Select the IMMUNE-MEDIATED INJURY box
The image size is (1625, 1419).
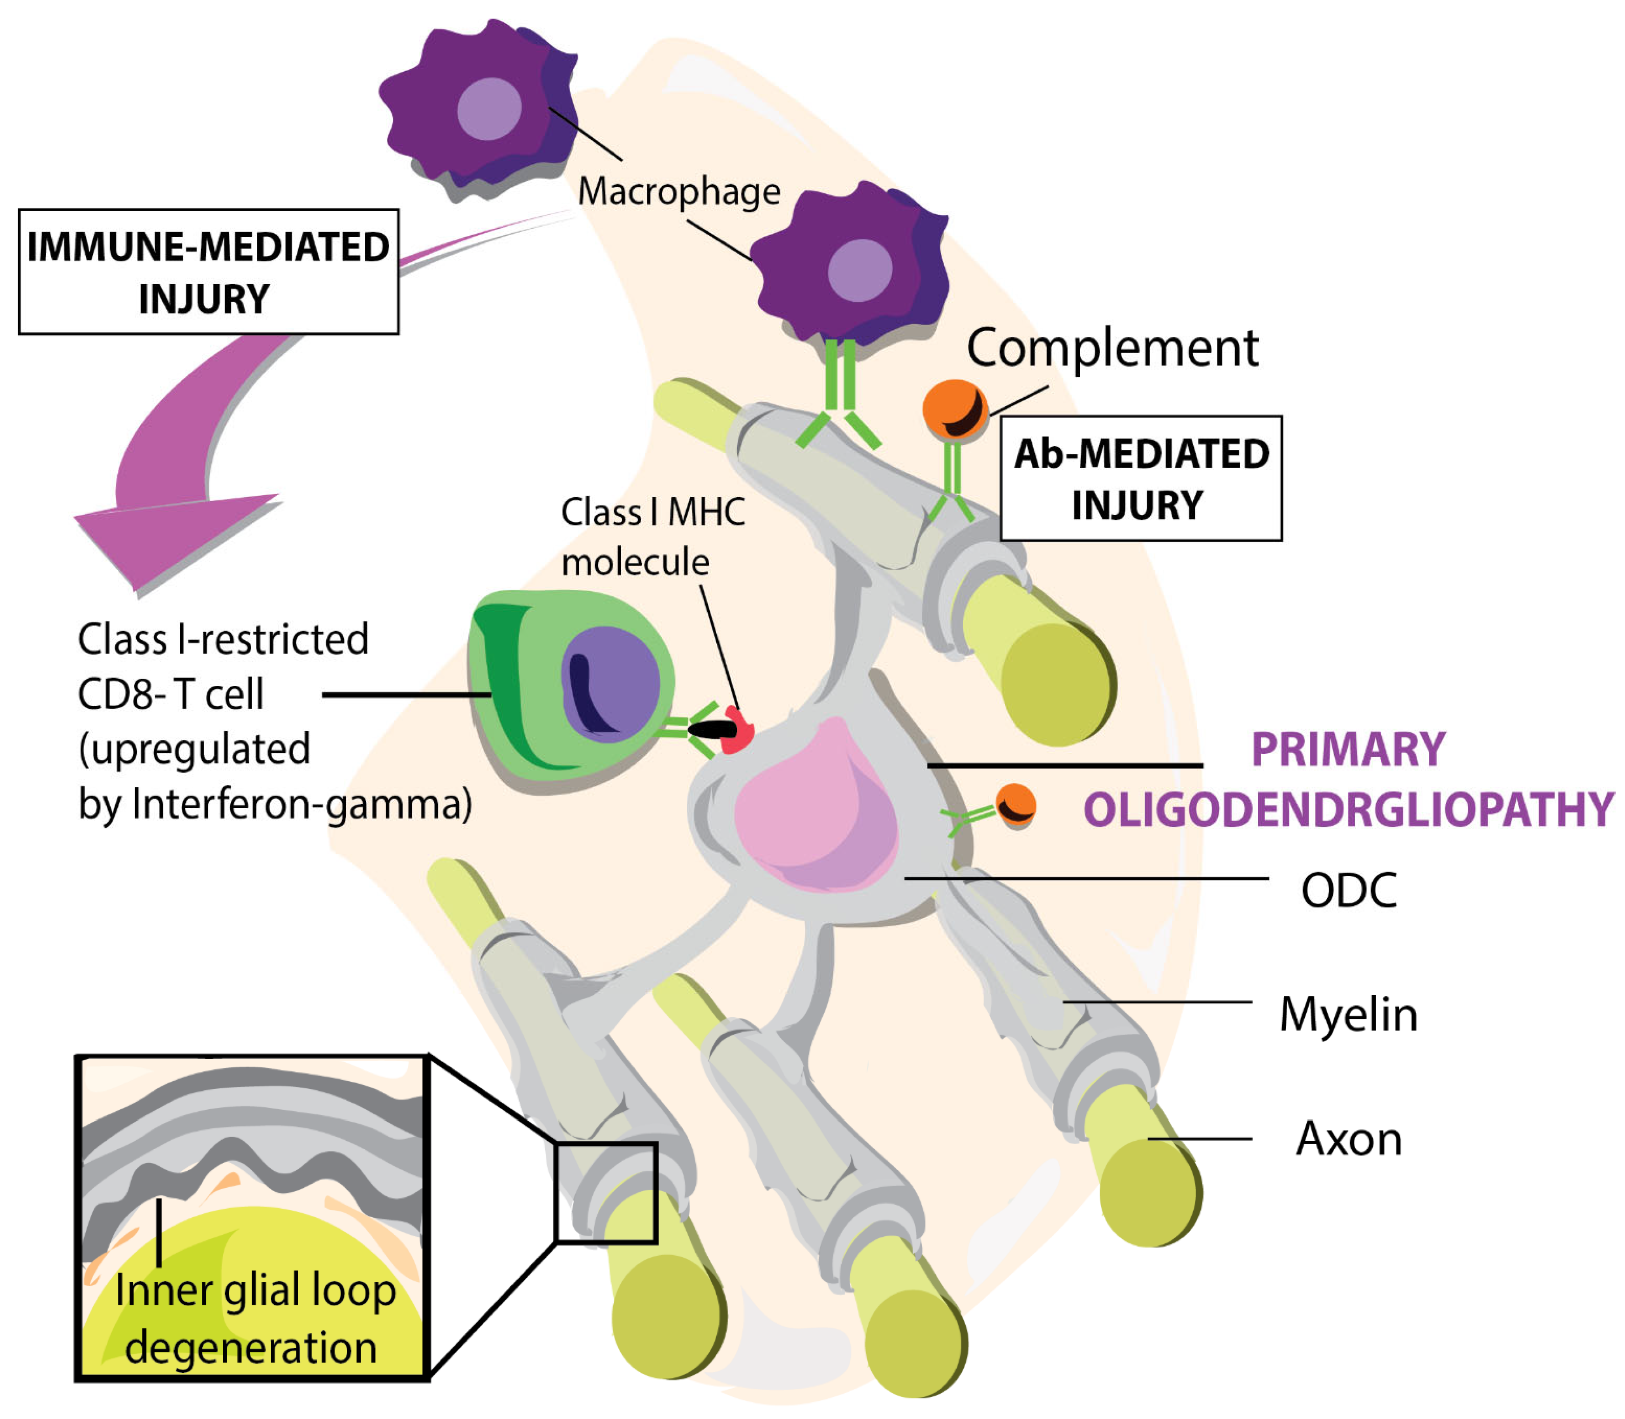point(208,272)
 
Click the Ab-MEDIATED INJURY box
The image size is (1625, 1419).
point(1140,478)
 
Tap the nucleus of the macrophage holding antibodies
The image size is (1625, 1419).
point(860,270)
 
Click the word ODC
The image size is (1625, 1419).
point(1349,891)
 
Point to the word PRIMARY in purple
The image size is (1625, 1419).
point(1348,749)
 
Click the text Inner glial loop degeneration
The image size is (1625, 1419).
point(254,1318)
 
